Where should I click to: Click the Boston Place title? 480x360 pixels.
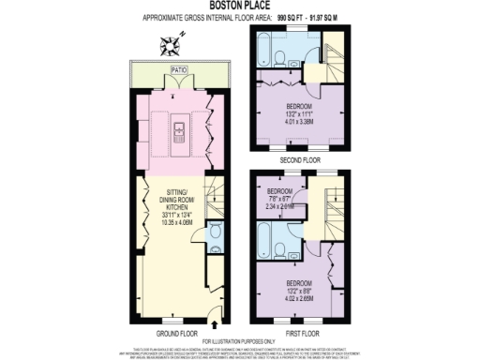click(x=239, y=7)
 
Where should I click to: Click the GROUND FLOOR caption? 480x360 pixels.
click(x=177, y=332)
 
